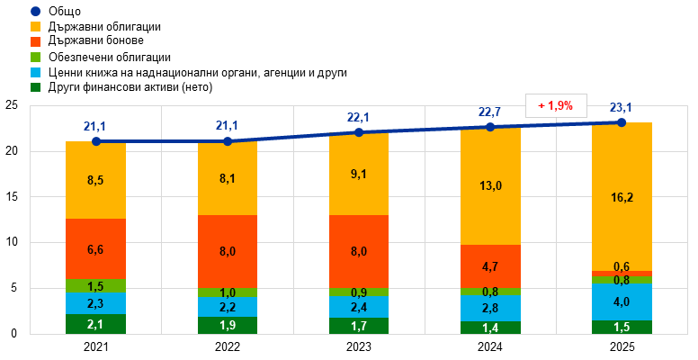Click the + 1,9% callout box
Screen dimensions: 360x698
556,105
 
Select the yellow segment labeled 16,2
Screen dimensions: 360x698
622,196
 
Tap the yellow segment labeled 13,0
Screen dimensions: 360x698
490,186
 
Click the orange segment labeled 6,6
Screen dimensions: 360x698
95,248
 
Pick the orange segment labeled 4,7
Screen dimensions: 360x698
490,266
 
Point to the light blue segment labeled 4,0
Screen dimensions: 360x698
622,302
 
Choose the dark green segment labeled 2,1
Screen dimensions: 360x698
95,324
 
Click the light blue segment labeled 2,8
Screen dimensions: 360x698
490,308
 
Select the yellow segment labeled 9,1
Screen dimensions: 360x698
359,175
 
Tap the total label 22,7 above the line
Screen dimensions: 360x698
490,112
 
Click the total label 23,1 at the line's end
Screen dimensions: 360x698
622,108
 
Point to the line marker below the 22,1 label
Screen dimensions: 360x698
359,132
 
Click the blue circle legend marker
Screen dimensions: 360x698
35,11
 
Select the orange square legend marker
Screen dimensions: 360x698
35,41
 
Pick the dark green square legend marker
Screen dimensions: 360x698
35,87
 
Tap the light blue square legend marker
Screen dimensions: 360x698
35,72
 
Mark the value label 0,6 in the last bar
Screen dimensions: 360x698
622,266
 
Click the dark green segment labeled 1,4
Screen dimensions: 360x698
490,328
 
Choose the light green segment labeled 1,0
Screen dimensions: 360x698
228,292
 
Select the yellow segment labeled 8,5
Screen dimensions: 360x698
95,180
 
